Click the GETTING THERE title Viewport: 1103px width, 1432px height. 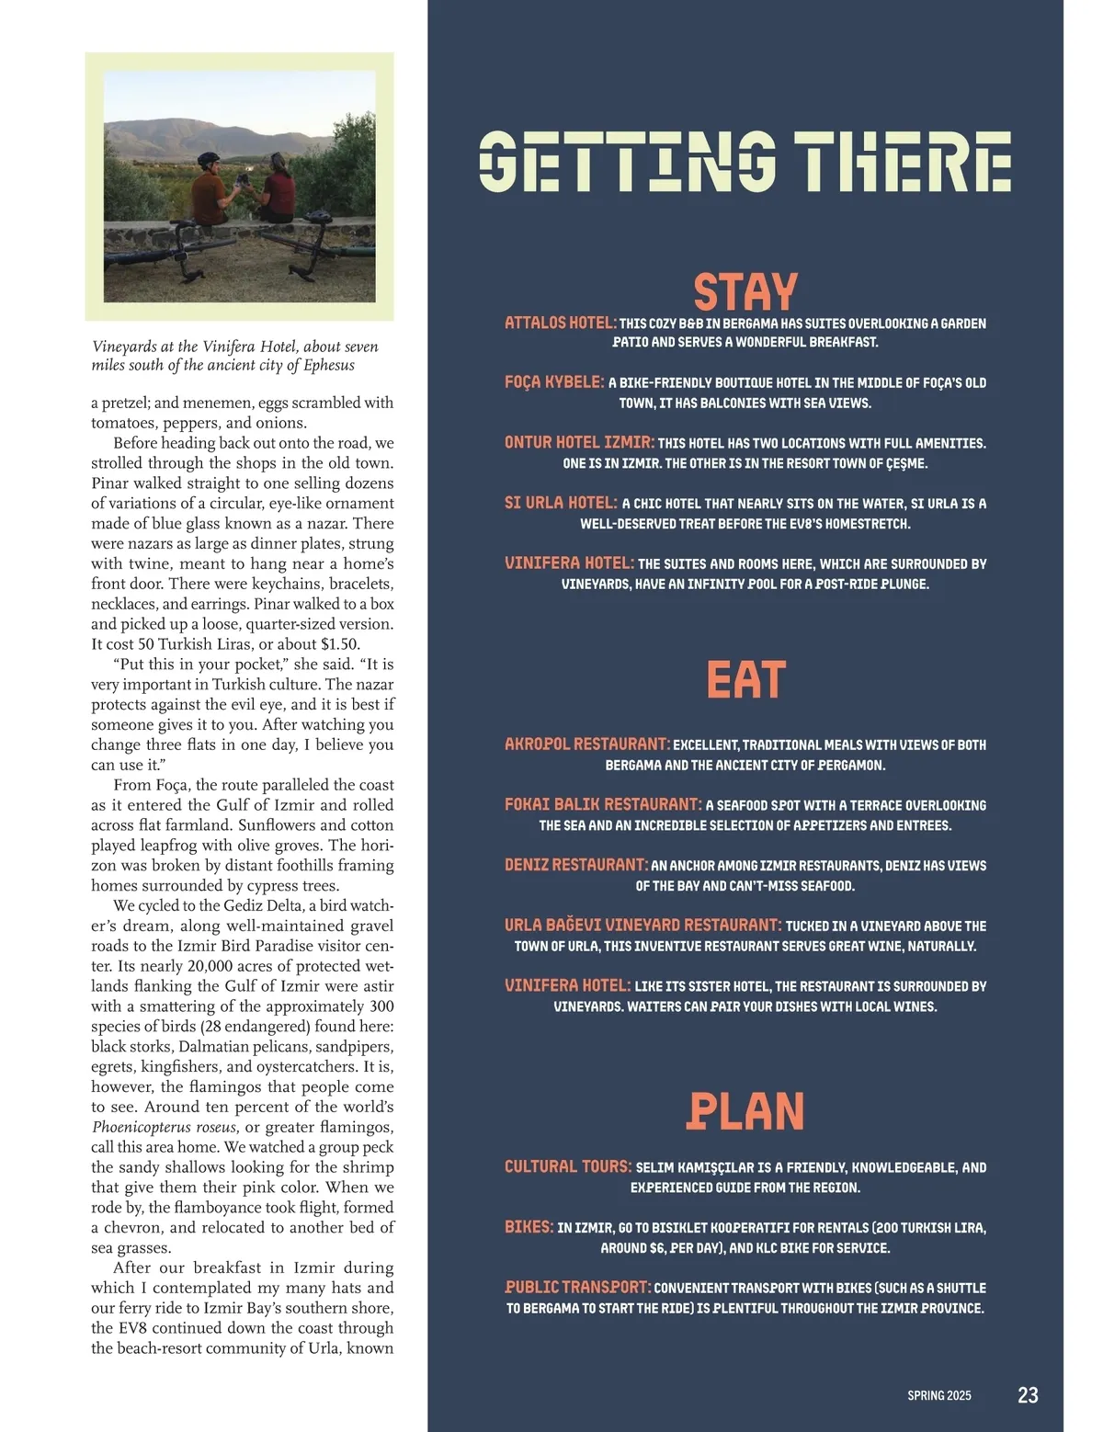[745, 162]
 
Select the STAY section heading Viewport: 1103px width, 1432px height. [745, 292]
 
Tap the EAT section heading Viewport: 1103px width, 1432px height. [745, 680]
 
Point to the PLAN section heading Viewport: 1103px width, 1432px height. [745, 1110]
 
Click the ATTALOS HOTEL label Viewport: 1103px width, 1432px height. [560, 323]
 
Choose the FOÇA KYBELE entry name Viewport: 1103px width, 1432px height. [554, 381]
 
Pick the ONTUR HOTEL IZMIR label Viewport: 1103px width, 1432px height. [579, 442]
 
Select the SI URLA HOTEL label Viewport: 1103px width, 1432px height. [561, 503]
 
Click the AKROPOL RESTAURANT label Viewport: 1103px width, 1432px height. [586, 744]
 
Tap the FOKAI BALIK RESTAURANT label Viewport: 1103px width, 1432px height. [603, 804]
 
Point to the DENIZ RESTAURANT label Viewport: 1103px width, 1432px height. [576, 865]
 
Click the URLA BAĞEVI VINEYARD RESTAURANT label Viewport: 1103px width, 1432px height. [642, 926]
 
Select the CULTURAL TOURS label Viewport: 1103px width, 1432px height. [568, 1166]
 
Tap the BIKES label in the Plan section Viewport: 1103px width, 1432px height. [529, 1227]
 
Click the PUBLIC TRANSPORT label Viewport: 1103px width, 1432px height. [578, 1288]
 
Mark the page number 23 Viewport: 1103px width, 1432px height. [1028, 1395]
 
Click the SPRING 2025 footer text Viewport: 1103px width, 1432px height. [938, 1395]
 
